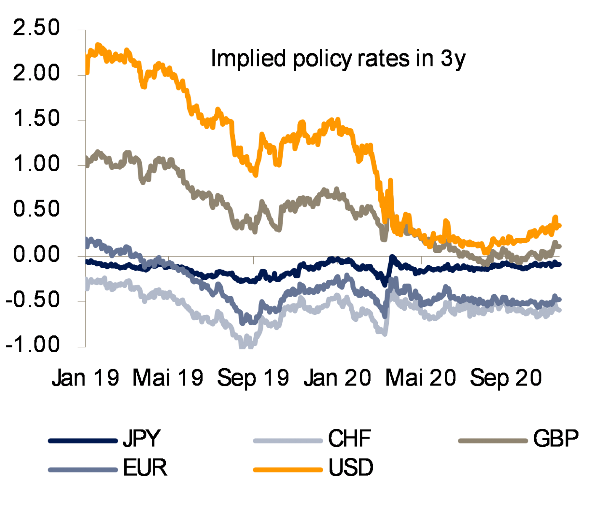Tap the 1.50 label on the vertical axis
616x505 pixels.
point(36,120)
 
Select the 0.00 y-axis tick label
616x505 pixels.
point(36,255)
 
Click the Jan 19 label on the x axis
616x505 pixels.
point(86,378)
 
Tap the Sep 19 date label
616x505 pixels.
point(254,378)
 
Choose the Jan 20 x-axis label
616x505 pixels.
point(338,378)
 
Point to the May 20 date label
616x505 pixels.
point(422,378)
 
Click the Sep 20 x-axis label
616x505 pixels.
point(506,378)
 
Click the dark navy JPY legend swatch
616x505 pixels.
point(83,441)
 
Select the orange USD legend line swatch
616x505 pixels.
point(287,470)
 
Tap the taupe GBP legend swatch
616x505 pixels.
point(493,441)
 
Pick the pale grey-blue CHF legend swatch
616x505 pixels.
point(287,441)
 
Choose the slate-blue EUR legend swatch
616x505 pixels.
point(83,470)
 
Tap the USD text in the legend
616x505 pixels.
point(351,469)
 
